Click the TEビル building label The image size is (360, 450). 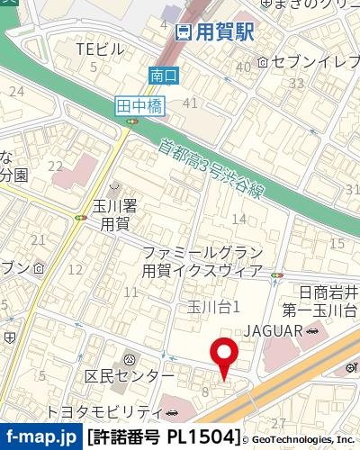pyautogui.click(x=99, y=49)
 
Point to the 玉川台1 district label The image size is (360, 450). pyautogui.click(x=213, y=308)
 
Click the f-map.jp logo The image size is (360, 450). pyautogui.click(x=40, y=437)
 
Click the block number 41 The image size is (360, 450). pyautogui.click(x=189, y=103)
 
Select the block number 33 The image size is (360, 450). pyautogui.click(x=296, y=83)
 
